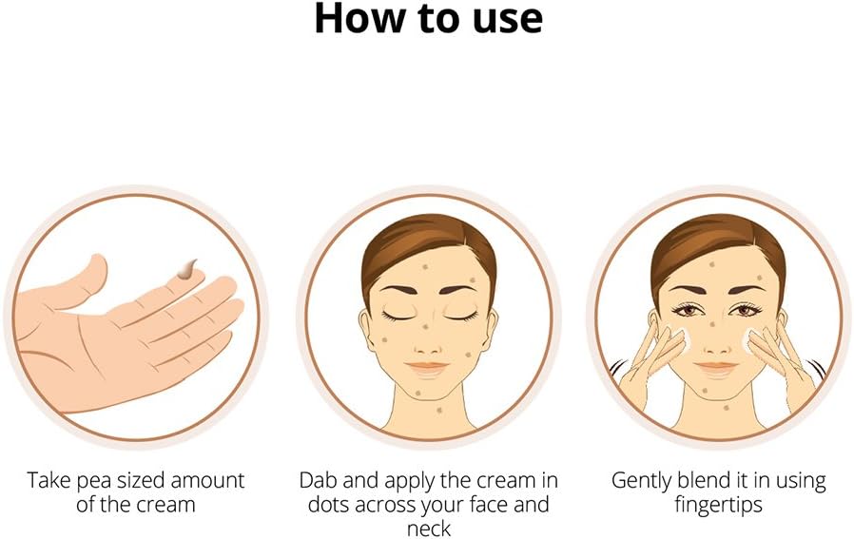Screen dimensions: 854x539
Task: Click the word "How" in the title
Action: pyautogui.click(x=361, y=18)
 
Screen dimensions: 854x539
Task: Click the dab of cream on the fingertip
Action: pyautogui.click(x=186, y=270)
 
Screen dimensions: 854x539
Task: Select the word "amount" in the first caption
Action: pyautogui.click(x=207, y=481)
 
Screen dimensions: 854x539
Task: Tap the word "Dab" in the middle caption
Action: pyautogui.click(x=319, y=480)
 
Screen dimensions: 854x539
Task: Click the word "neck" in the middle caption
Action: pyautogui.click(x=429, y=529)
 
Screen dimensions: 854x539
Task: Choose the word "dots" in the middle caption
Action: pyautogui.click(x=328, y=504)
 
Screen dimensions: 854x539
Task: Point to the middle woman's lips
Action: pyautogui.click(x=427, y=368)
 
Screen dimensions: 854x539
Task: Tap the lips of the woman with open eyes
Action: pyautogui.click(x=716, y=368)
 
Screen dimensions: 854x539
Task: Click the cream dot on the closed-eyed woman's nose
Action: pyautogui.click(x=425, y=327)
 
